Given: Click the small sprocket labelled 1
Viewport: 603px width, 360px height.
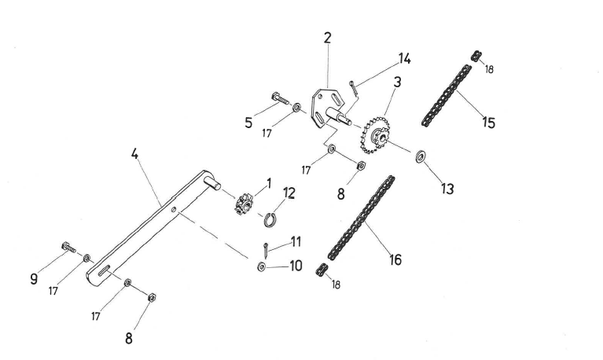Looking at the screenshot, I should tap(242, 204).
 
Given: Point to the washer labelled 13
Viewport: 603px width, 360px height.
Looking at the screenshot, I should tap(421, 156).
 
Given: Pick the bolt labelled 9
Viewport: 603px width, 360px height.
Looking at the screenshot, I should tap(68, 248).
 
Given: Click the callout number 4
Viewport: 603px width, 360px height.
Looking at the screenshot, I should tap(136, 154).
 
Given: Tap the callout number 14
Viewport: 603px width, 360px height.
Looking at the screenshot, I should tap(404, 58).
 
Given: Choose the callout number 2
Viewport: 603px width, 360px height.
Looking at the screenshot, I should tap(328, 37).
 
